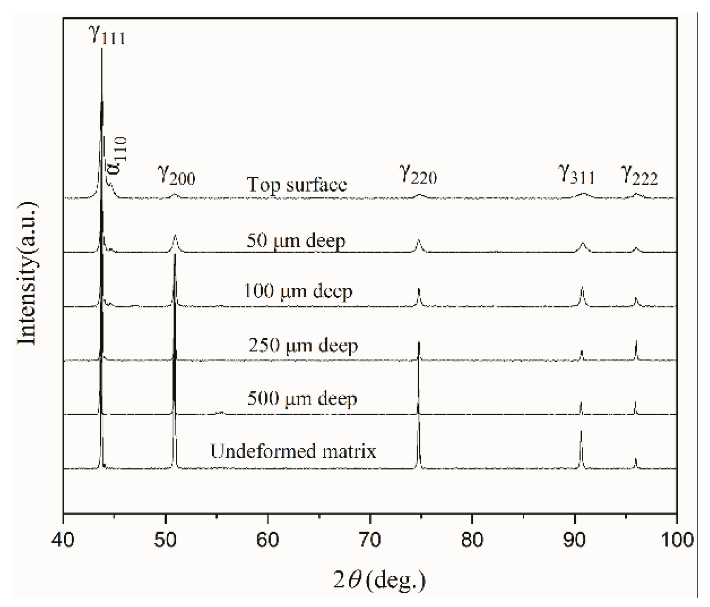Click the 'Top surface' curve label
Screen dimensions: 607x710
(297, 184)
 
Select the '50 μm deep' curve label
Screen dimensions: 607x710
(296, 240)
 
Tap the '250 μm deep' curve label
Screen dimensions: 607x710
(303, 345)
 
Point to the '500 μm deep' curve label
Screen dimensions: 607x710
(302, 399)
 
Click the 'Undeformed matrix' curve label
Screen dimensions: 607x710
(293, 451)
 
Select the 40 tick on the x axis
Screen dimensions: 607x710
(63, 540)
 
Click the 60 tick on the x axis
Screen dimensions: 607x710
(268, 540)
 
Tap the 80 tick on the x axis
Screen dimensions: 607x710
(472, 540)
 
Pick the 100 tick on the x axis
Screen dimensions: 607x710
(676, 540)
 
